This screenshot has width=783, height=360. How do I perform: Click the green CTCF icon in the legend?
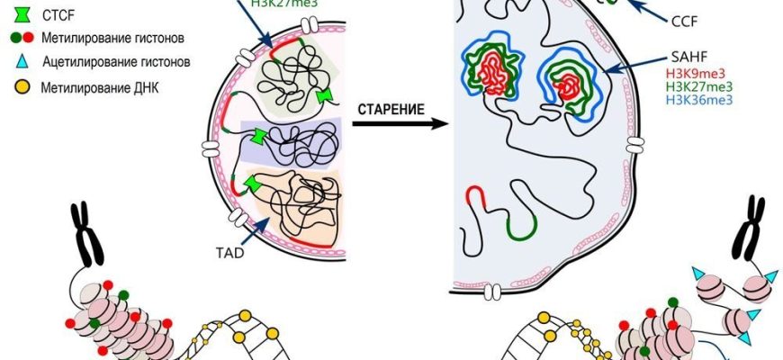coord(20,15)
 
